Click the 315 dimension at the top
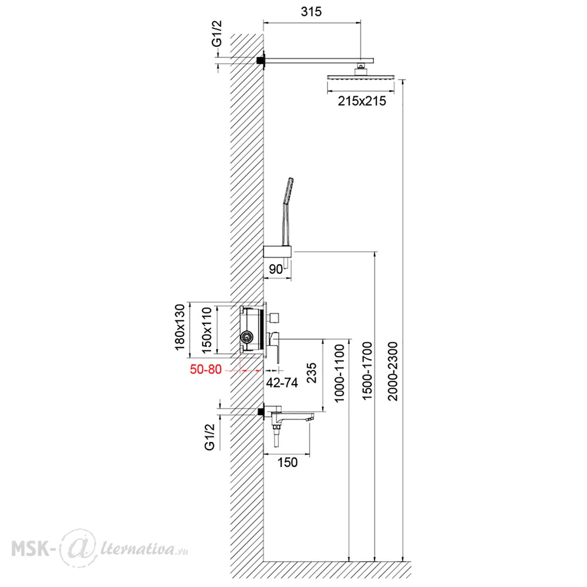[x=311, y=12]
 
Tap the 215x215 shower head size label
[x=362, y=101]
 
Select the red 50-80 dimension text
[x=205, y=369]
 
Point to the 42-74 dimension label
[x=282, y=383]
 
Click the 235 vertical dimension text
[x=312, y=373]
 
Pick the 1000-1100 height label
[x=339, y=373]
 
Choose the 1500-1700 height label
[x=367, y=371]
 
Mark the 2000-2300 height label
[x=393, y=371]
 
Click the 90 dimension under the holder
[x=276, y=269]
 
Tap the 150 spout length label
[x=288, y=462]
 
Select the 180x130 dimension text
[x=180, y=327]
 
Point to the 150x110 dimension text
[x=207, y=330]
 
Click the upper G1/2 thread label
[x=217, y=33]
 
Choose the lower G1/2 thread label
[x=210, y=437]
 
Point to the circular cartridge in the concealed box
[x=247, y=336]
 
